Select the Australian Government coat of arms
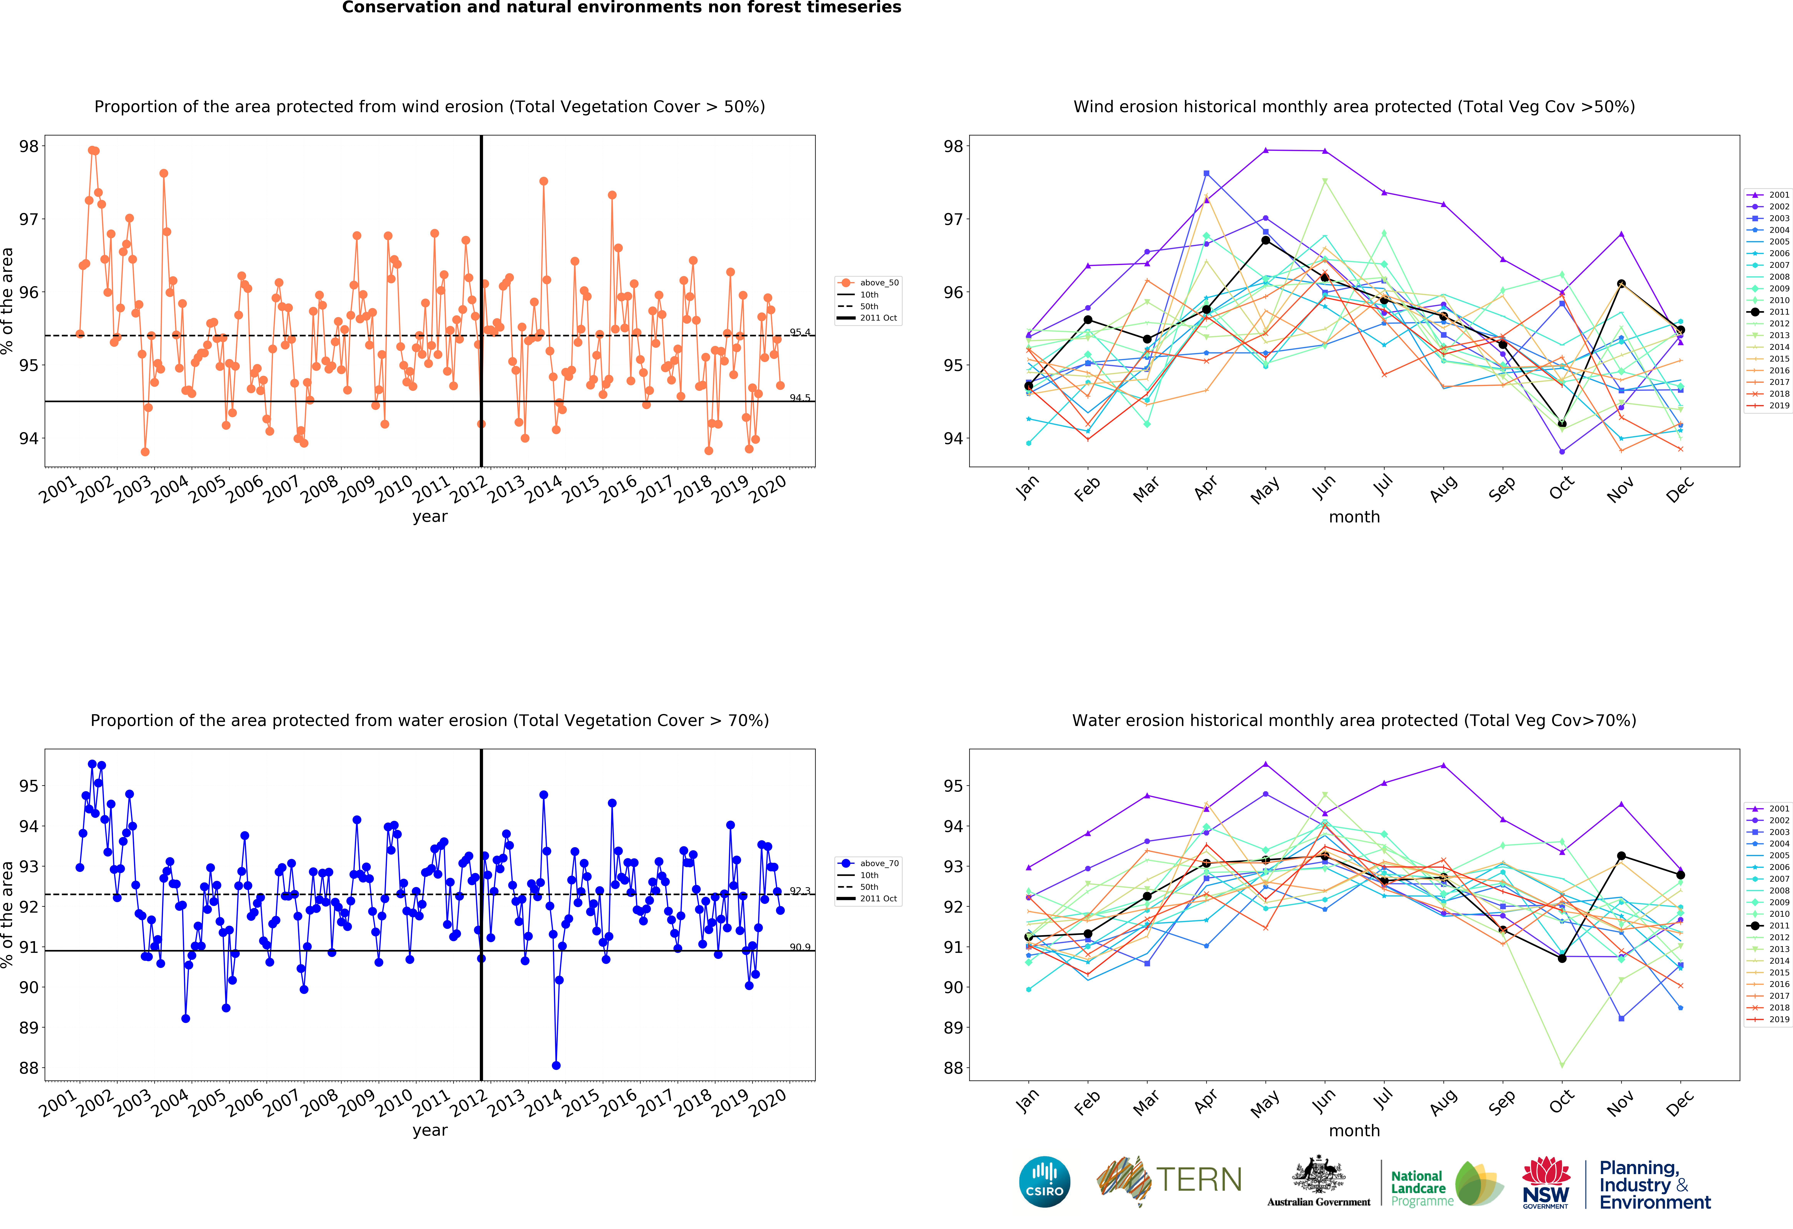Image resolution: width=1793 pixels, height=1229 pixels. tap(1319, 1174)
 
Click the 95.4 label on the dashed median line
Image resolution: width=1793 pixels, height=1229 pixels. tap(800, 333)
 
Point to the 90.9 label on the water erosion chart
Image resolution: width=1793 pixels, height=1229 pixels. tap(800, 947)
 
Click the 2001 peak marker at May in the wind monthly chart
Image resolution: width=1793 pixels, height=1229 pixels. tap(1265, 150)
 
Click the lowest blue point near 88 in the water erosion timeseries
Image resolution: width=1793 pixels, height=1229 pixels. tap(556, 1065)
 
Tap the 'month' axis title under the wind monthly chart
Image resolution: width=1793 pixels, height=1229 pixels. tap(1354, 517)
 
